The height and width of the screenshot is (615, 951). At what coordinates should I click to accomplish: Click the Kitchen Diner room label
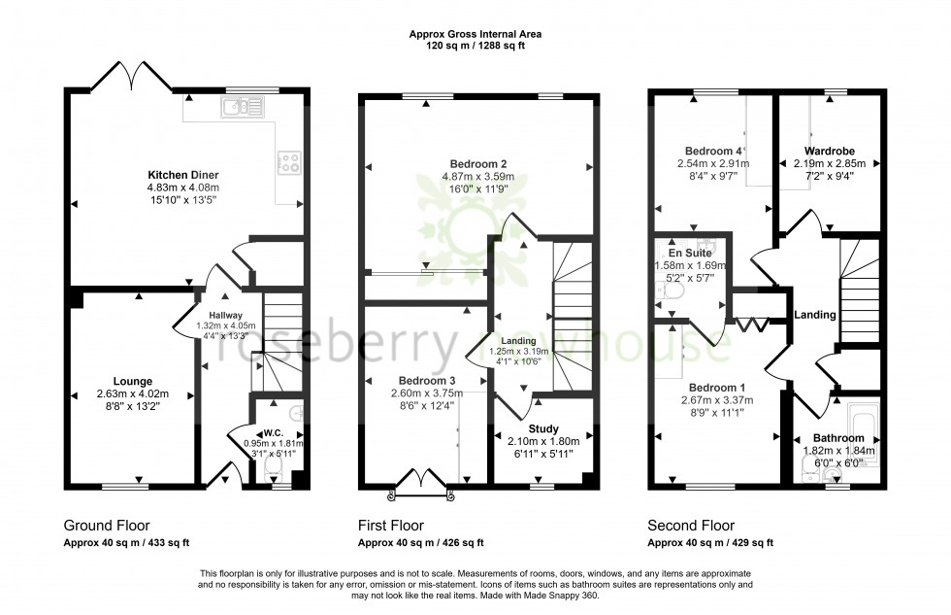click(x=182, y=175)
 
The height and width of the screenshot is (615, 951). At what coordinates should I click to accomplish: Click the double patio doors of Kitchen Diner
click(x=132, y=75)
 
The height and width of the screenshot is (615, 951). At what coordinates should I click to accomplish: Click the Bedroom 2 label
click(x=478, y=163)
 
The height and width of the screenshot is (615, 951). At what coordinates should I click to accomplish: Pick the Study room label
click(x=543, y=428)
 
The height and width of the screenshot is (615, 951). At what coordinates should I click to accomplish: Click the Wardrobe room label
click(x=829, y=151)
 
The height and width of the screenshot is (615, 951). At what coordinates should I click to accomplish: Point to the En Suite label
click(x=678, y=252)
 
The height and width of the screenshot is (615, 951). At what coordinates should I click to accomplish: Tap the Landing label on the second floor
click(x=814, y=315)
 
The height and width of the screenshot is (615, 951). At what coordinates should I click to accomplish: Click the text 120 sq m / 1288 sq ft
click(x=475, y=46)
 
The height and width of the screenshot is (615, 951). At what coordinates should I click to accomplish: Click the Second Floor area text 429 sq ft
click(x=749, y=542)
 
